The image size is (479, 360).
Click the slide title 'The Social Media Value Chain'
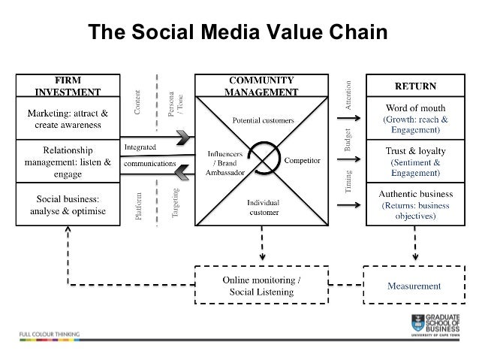(x=237, y=33)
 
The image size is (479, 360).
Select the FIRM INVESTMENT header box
(x=68, y=86)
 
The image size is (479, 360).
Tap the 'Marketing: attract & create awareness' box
(x=68, y=119)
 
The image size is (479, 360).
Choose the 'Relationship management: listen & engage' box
(x=68, y=160)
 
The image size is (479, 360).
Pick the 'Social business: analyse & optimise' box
(x=68, y=204)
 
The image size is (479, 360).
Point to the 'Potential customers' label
(x=262, y=120)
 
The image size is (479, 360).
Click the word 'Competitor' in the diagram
(x=302, y=161)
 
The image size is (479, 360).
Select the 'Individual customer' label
(x=264, y=207)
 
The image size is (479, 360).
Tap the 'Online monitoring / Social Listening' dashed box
(x=262, y=286)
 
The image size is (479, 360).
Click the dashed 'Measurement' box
(x=414, y=286)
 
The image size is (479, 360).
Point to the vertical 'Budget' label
(x=348, y=140)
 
